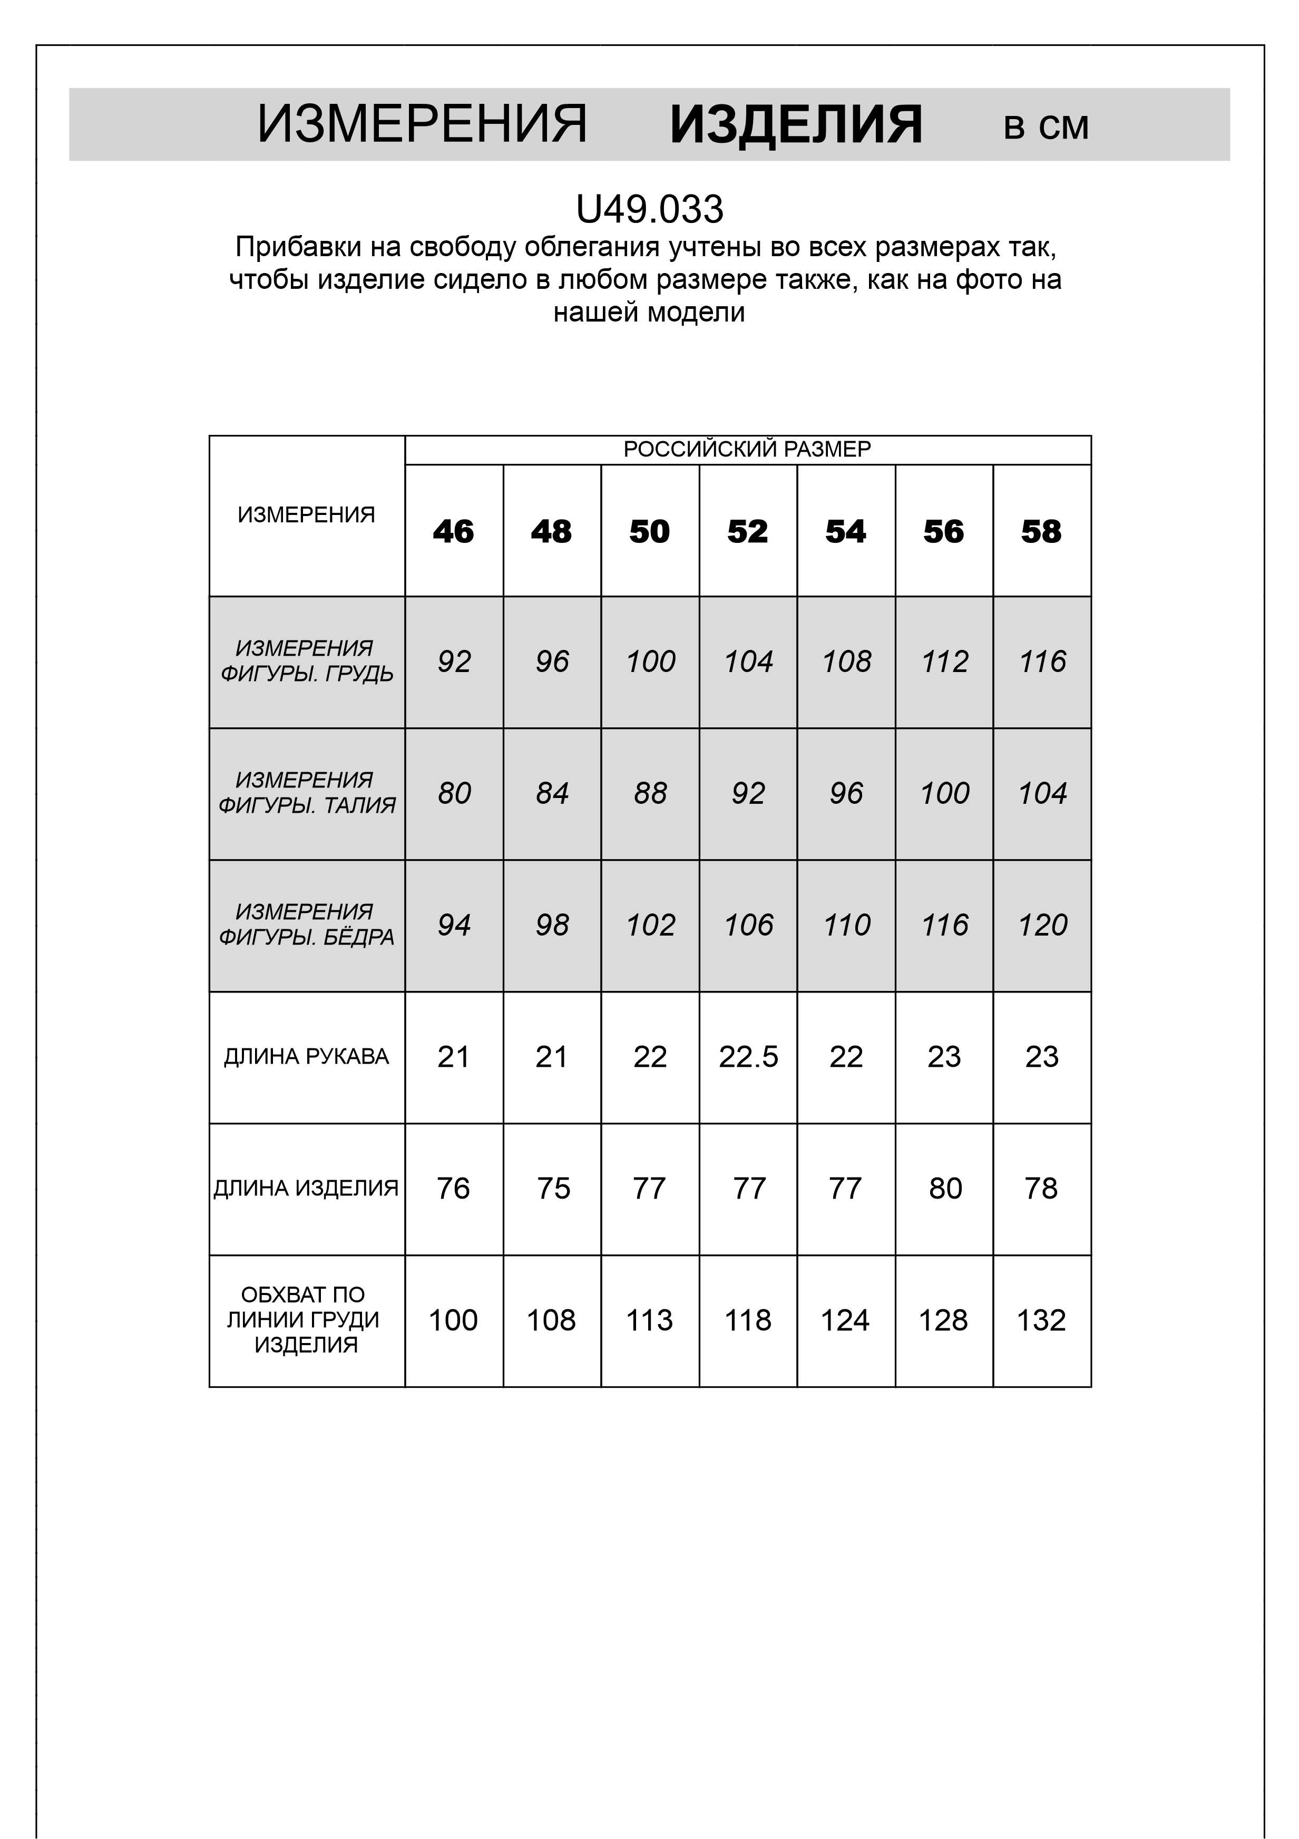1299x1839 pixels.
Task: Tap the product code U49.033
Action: (x=649, y=210)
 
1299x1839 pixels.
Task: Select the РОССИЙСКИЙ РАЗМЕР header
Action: (x=747, y=449)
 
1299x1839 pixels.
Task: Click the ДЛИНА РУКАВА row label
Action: (x=306, y=1056)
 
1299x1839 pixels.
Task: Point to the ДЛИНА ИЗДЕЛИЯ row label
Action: (x=306, y=1188)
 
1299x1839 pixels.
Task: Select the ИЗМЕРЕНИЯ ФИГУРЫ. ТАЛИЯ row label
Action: (x=306, y=792)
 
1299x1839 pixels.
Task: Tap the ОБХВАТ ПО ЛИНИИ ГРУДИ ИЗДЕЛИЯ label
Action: (x=304, y=1319)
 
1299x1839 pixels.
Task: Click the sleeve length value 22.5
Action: (x=748, y=1056)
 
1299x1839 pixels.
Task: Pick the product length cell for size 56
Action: (x=944, y=1188)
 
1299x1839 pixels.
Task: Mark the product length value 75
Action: (x=553, y=1188)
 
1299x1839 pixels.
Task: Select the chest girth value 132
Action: (x=1041, y=1320)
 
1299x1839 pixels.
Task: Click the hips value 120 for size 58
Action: (x=1042, y=925)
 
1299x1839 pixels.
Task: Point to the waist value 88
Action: (x=649, y=793)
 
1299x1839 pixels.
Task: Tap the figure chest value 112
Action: (x=944, y=661)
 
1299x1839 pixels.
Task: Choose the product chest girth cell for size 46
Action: (x=453, y=1320)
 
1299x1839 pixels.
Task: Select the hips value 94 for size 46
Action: (x=453, y=925)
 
